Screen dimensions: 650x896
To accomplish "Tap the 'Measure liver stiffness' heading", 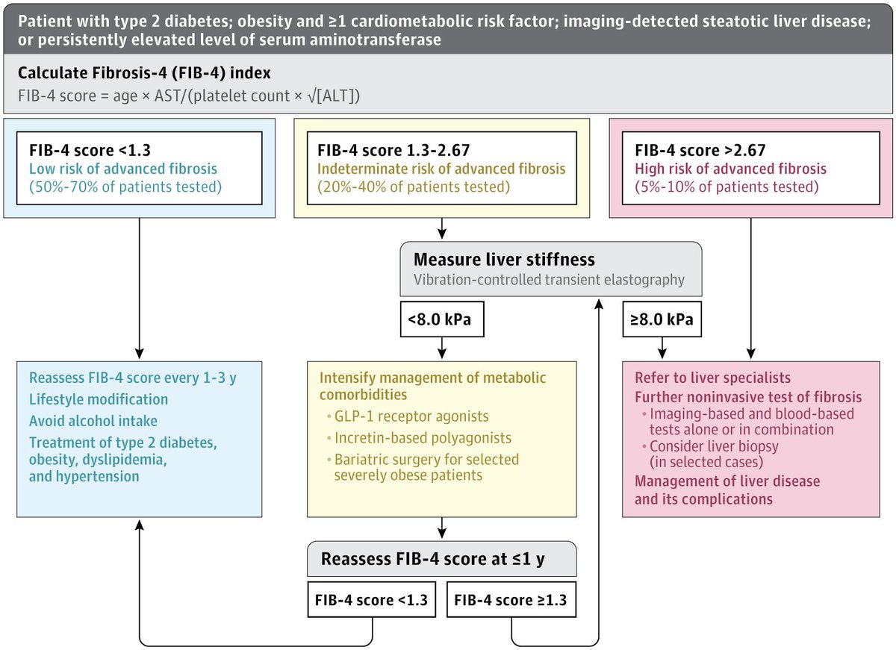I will tap(504, 260).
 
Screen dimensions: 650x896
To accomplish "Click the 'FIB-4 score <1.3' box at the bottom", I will tap(371, 599).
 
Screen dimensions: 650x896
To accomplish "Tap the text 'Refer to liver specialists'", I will tap(712, 378).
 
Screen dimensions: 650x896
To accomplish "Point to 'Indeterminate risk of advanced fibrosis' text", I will tap(442, 169).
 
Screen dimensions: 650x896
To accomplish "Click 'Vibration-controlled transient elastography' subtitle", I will tap(549, 280).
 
